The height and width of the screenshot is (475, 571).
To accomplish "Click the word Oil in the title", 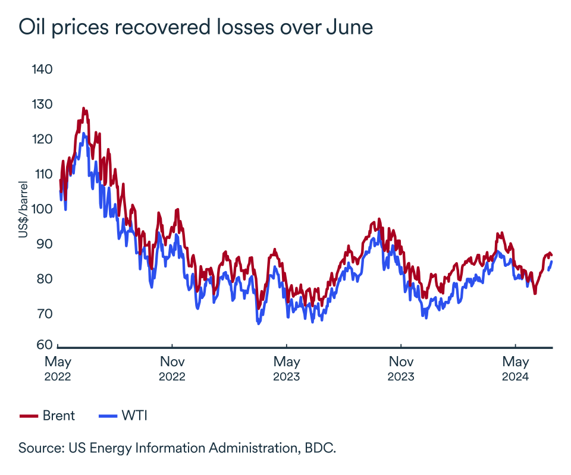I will (x=32, y=28).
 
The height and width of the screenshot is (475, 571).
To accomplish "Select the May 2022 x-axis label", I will (x=58, y=369).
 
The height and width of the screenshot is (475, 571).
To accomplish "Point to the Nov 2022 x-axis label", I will (x=172, y=369).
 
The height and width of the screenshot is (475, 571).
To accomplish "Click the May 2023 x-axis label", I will (x=286, y=369).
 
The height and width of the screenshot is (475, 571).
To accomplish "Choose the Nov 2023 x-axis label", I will (x=401, y=369).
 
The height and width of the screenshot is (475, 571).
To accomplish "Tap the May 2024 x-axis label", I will (x=515, y=369).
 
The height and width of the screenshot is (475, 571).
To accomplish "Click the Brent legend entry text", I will (x=59, y=416).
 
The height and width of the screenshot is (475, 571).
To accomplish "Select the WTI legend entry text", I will (x=134, y=416).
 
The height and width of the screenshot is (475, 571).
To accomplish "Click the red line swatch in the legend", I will (x=29, y=416).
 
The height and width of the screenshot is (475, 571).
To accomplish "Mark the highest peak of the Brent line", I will (x=84, y=109).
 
